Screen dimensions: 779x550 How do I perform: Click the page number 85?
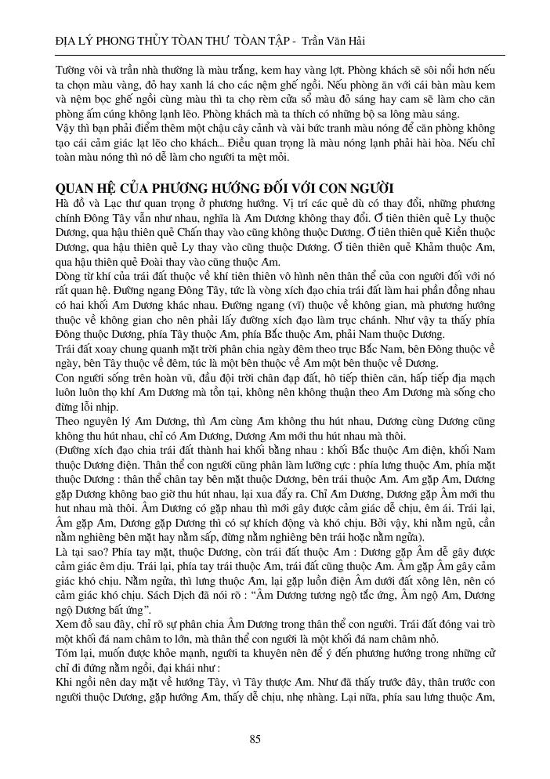coord(255,739)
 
